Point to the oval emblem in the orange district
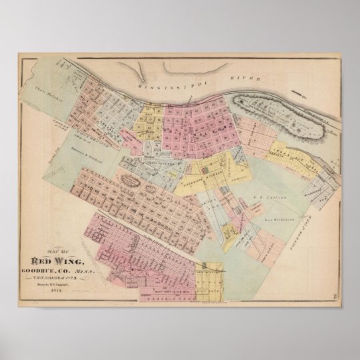coord(129,178)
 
